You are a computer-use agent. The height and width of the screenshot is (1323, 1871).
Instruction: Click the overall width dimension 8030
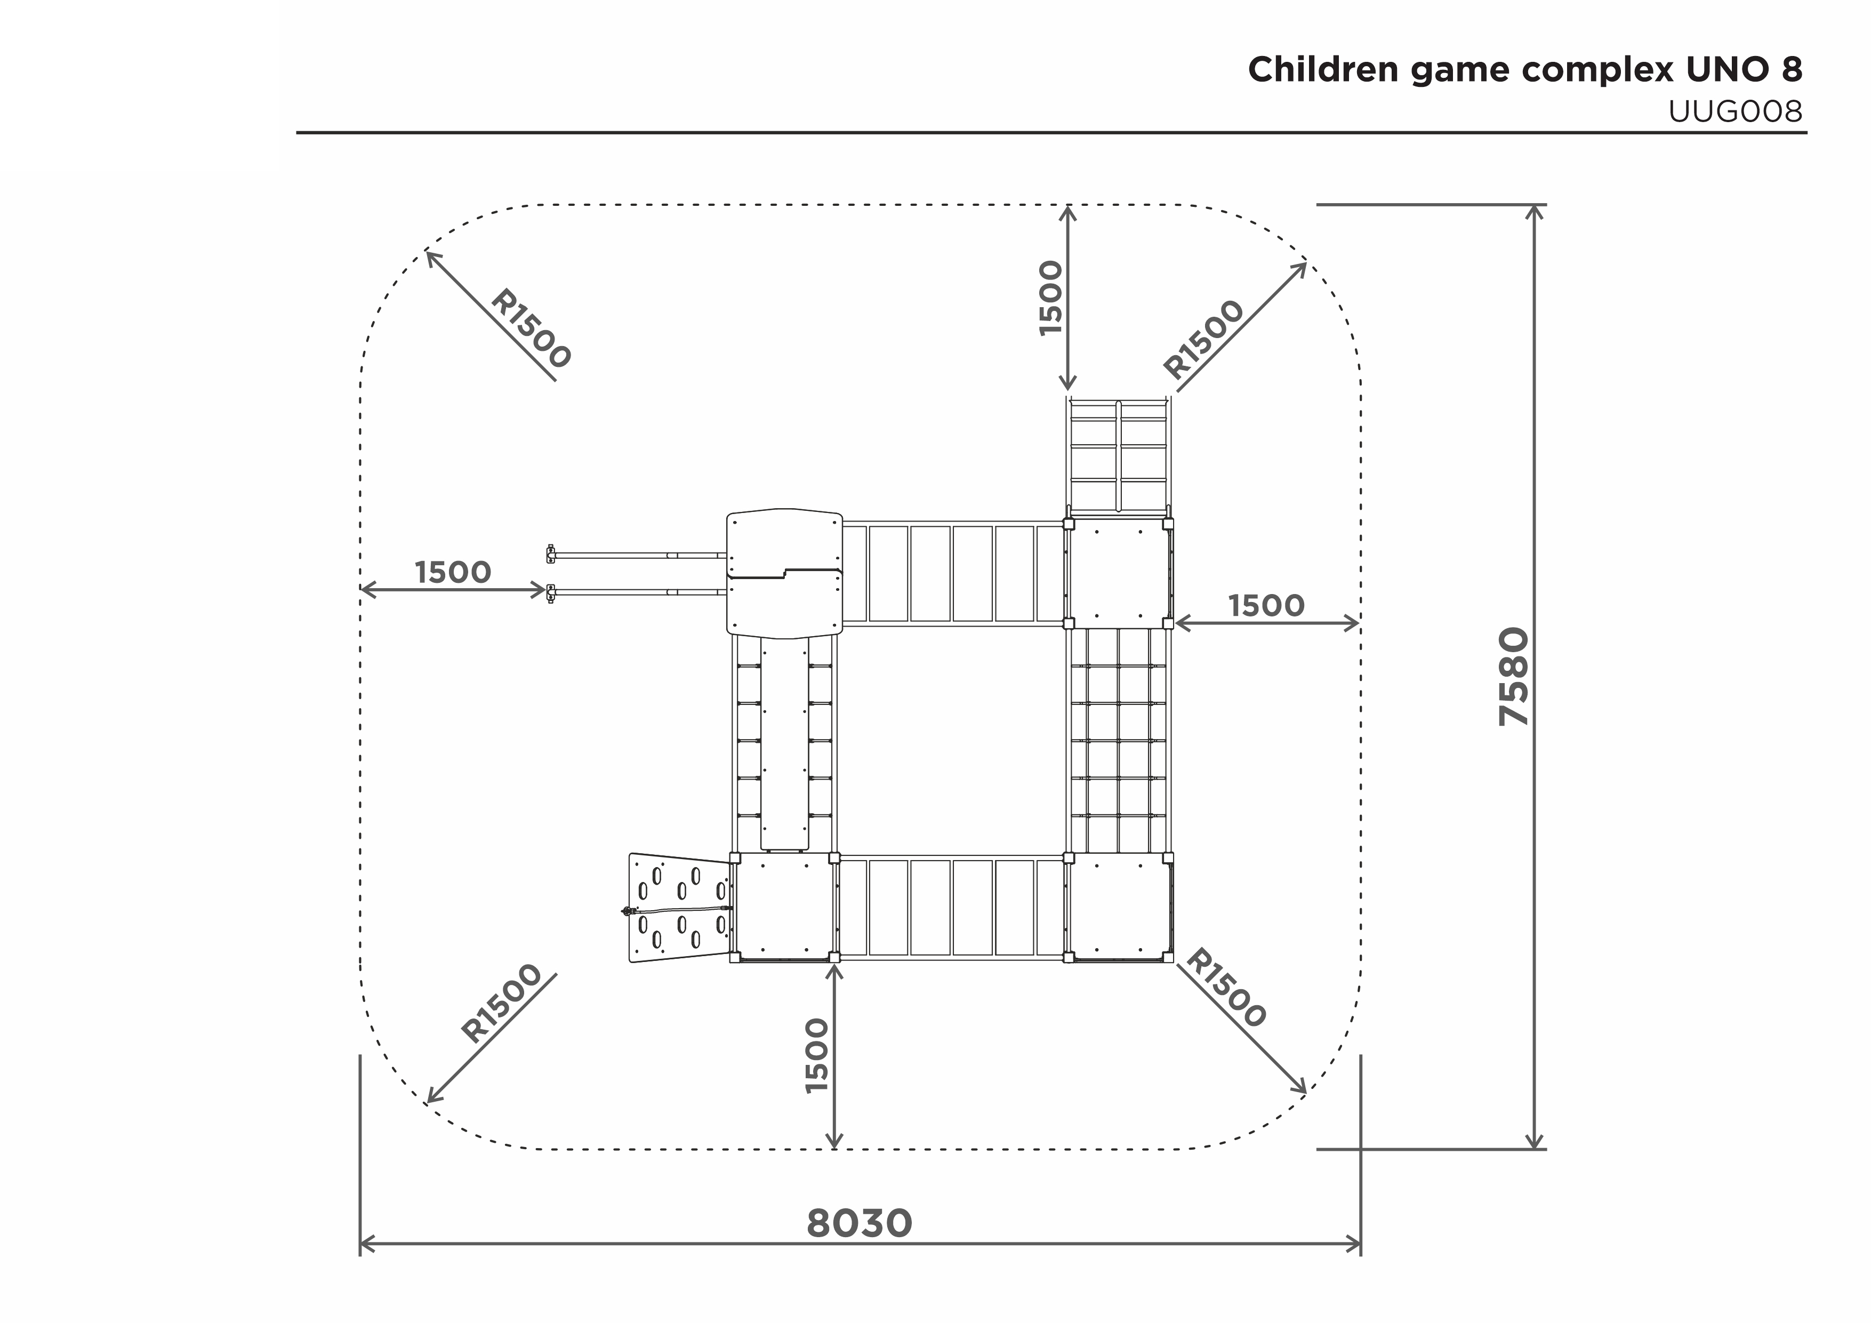pos(860,1224)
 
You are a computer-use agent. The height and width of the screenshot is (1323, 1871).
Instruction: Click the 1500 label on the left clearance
pos(453,572)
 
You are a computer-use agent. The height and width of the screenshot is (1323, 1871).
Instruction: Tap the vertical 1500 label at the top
pos(1051,298)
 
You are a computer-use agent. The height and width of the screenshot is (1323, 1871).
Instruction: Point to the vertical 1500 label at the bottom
pos(816,1056)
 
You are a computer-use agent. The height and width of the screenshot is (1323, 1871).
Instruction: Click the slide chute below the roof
pos(785,743)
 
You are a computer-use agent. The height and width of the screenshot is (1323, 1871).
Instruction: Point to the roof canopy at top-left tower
pos(784,573)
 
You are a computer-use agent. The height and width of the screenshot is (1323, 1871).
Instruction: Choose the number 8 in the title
pos(1792,70)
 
